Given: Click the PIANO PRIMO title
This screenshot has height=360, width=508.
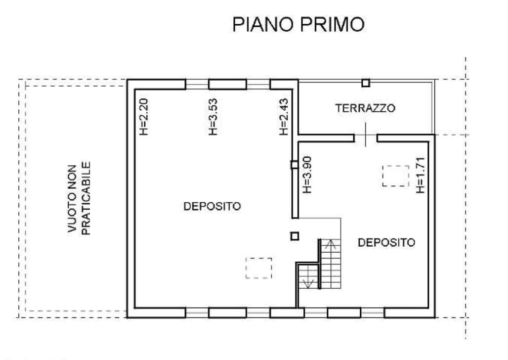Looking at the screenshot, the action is click(x=298, y=24).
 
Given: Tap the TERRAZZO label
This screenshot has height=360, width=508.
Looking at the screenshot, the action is click(x=365, y=108).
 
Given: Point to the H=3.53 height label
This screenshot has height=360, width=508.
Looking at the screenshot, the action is click(x=212, y=117).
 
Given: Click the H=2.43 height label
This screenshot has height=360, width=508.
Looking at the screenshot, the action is click(x=283, y=117).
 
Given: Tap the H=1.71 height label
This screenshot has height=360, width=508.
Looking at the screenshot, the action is click(x=420, y=175).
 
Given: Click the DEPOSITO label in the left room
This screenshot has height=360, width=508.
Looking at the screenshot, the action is click(x=212, y=206).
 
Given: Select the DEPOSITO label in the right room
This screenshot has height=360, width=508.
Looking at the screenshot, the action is click(x=386, y=242).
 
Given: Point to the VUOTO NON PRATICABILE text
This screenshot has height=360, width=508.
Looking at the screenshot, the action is click(x=79, y=198).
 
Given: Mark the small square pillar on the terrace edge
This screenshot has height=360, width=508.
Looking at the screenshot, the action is click(x=366, y=83).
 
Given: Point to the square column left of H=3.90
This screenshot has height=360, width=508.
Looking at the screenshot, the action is click(x=294, y=165).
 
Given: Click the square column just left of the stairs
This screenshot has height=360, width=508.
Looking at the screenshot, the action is click(x=294, y=236).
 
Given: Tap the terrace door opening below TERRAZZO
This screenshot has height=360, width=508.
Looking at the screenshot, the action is click(x=366, y=138).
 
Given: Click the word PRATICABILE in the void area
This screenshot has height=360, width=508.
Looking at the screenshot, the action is click(x=86, y=198).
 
